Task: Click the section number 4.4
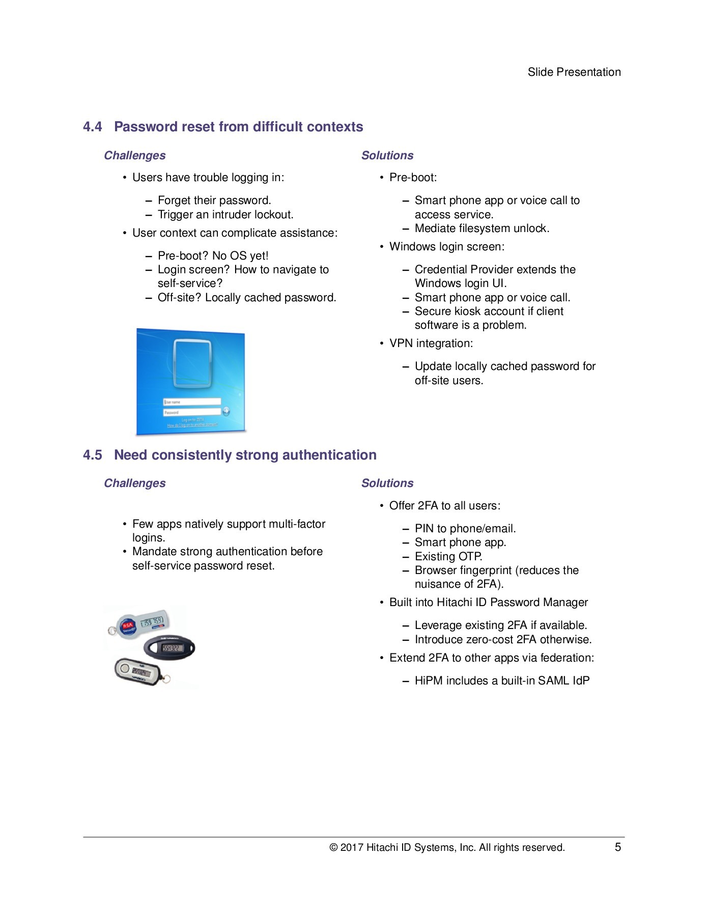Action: pyautogui.click(x=93, y=127)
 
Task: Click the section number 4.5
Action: pyautogui.click(x=93, y=455)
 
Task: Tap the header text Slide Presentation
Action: pyautogui.click(x=574, y=72)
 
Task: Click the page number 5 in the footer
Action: pyautogui.click(x=617, y=847)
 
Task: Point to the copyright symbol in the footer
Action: pyautogui.click(x=333, y=848)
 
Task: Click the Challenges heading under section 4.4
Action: pyautogui.click(x=135, y=156)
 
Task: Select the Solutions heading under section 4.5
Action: pyautogui.click(x=387, y=483)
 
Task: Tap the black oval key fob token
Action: pyautogui.click(x=169, y=648)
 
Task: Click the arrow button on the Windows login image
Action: pyautogui.click(x=226, y=411)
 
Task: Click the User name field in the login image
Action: pyautogui.click(x=191, y=402)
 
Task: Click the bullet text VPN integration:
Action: pyautogui.click(x=431, y=343)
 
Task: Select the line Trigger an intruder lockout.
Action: pyautogui.click(x=225, y=215)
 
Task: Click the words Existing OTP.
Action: pyautogui.click(x=448, y=557)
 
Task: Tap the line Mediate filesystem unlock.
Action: pyautogui.click(x=482, y=228)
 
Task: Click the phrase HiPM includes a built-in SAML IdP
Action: pyautogui.click(x=502, y=681)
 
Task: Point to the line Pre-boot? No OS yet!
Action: pyautogui.click(x=213, y=256)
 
